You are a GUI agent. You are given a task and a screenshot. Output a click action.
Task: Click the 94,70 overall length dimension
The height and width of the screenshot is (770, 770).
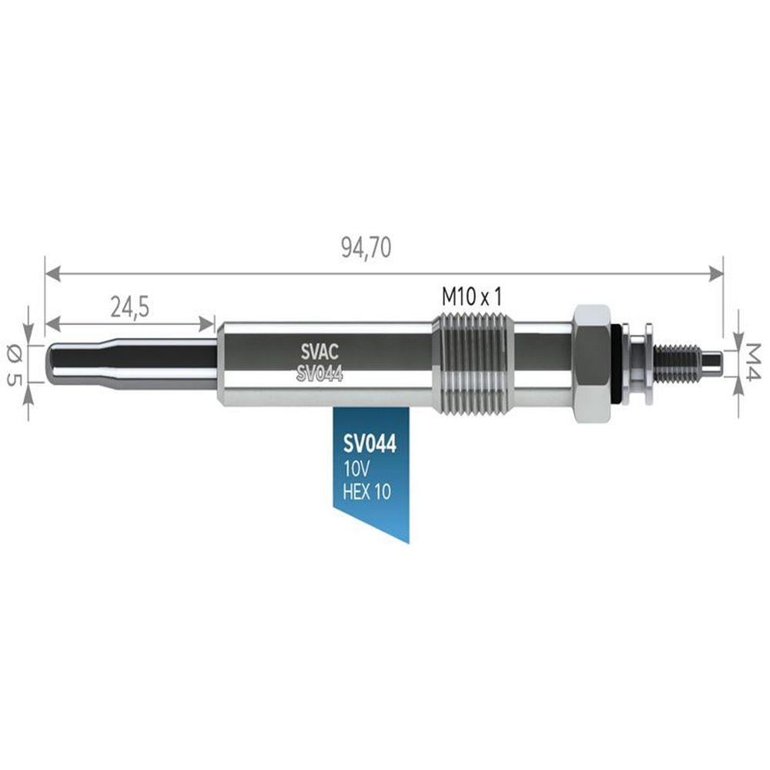[x=367, y=247]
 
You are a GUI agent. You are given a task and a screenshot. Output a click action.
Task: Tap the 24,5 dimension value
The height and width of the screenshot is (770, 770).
[x=129, y=308]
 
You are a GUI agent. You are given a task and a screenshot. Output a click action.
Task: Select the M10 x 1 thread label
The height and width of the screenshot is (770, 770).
[x=472, y=296]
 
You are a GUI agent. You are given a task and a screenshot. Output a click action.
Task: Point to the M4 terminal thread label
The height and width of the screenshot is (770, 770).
[x=752, y=361]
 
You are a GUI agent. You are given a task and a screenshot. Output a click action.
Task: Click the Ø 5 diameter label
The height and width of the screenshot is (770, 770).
[x=15, y=365]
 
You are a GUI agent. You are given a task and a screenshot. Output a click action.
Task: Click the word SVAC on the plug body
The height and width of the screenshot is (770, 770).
[x=320, y=352]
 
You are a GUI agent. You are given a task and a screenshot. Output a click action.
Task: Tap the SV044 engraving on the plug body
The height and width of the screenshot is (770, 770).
[x=320, y=374]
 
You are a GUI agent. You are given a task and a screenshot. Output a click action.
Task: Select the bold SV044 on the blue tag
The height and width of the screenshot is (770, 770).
[x=370, y=444]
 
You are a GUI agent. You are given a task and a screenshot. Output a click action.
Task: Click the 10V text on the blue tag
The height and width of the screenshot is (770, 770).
[x=356, y=470]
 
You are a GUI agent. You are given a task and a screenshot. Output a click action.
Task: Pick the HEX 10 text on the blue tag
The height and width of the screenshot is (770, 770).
[x=367, y=491]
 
